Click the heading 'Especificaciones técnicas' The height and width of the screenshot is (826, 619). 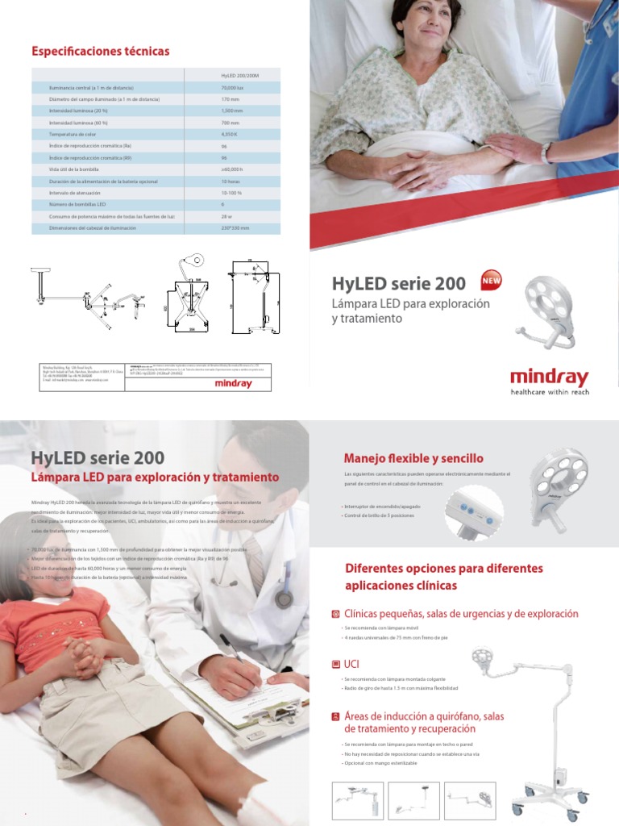click(100, 52)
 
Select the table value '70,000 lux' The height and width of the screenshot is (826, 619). click(233, 87)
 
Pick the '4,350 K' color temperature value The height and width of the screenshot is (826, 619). click(230, 133)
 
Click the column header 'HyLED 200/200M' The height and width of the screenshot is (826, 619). click(239, 75)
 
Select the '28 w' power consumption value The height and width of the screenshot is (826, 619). click(226, 217)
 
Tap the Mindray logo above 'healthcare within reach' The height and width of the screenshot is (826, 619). click(549, 377)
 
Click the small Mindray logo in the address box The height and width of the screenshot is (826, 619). click(230, 384)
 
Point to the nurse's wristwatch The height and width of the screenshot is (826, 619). click(547, 152)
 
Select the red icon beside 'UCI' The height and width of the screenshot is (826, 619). click(336, 665)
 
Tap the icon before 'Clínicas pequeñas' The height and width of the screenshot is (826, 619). click(336, 615)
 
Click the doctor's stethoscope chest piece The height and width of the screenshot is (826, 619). click(283, 599)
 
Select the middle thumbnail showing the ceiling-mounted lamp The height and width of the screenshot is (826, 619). click(413, 799)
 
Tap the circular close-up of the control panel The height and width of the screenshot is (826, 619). click(474, 513)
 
